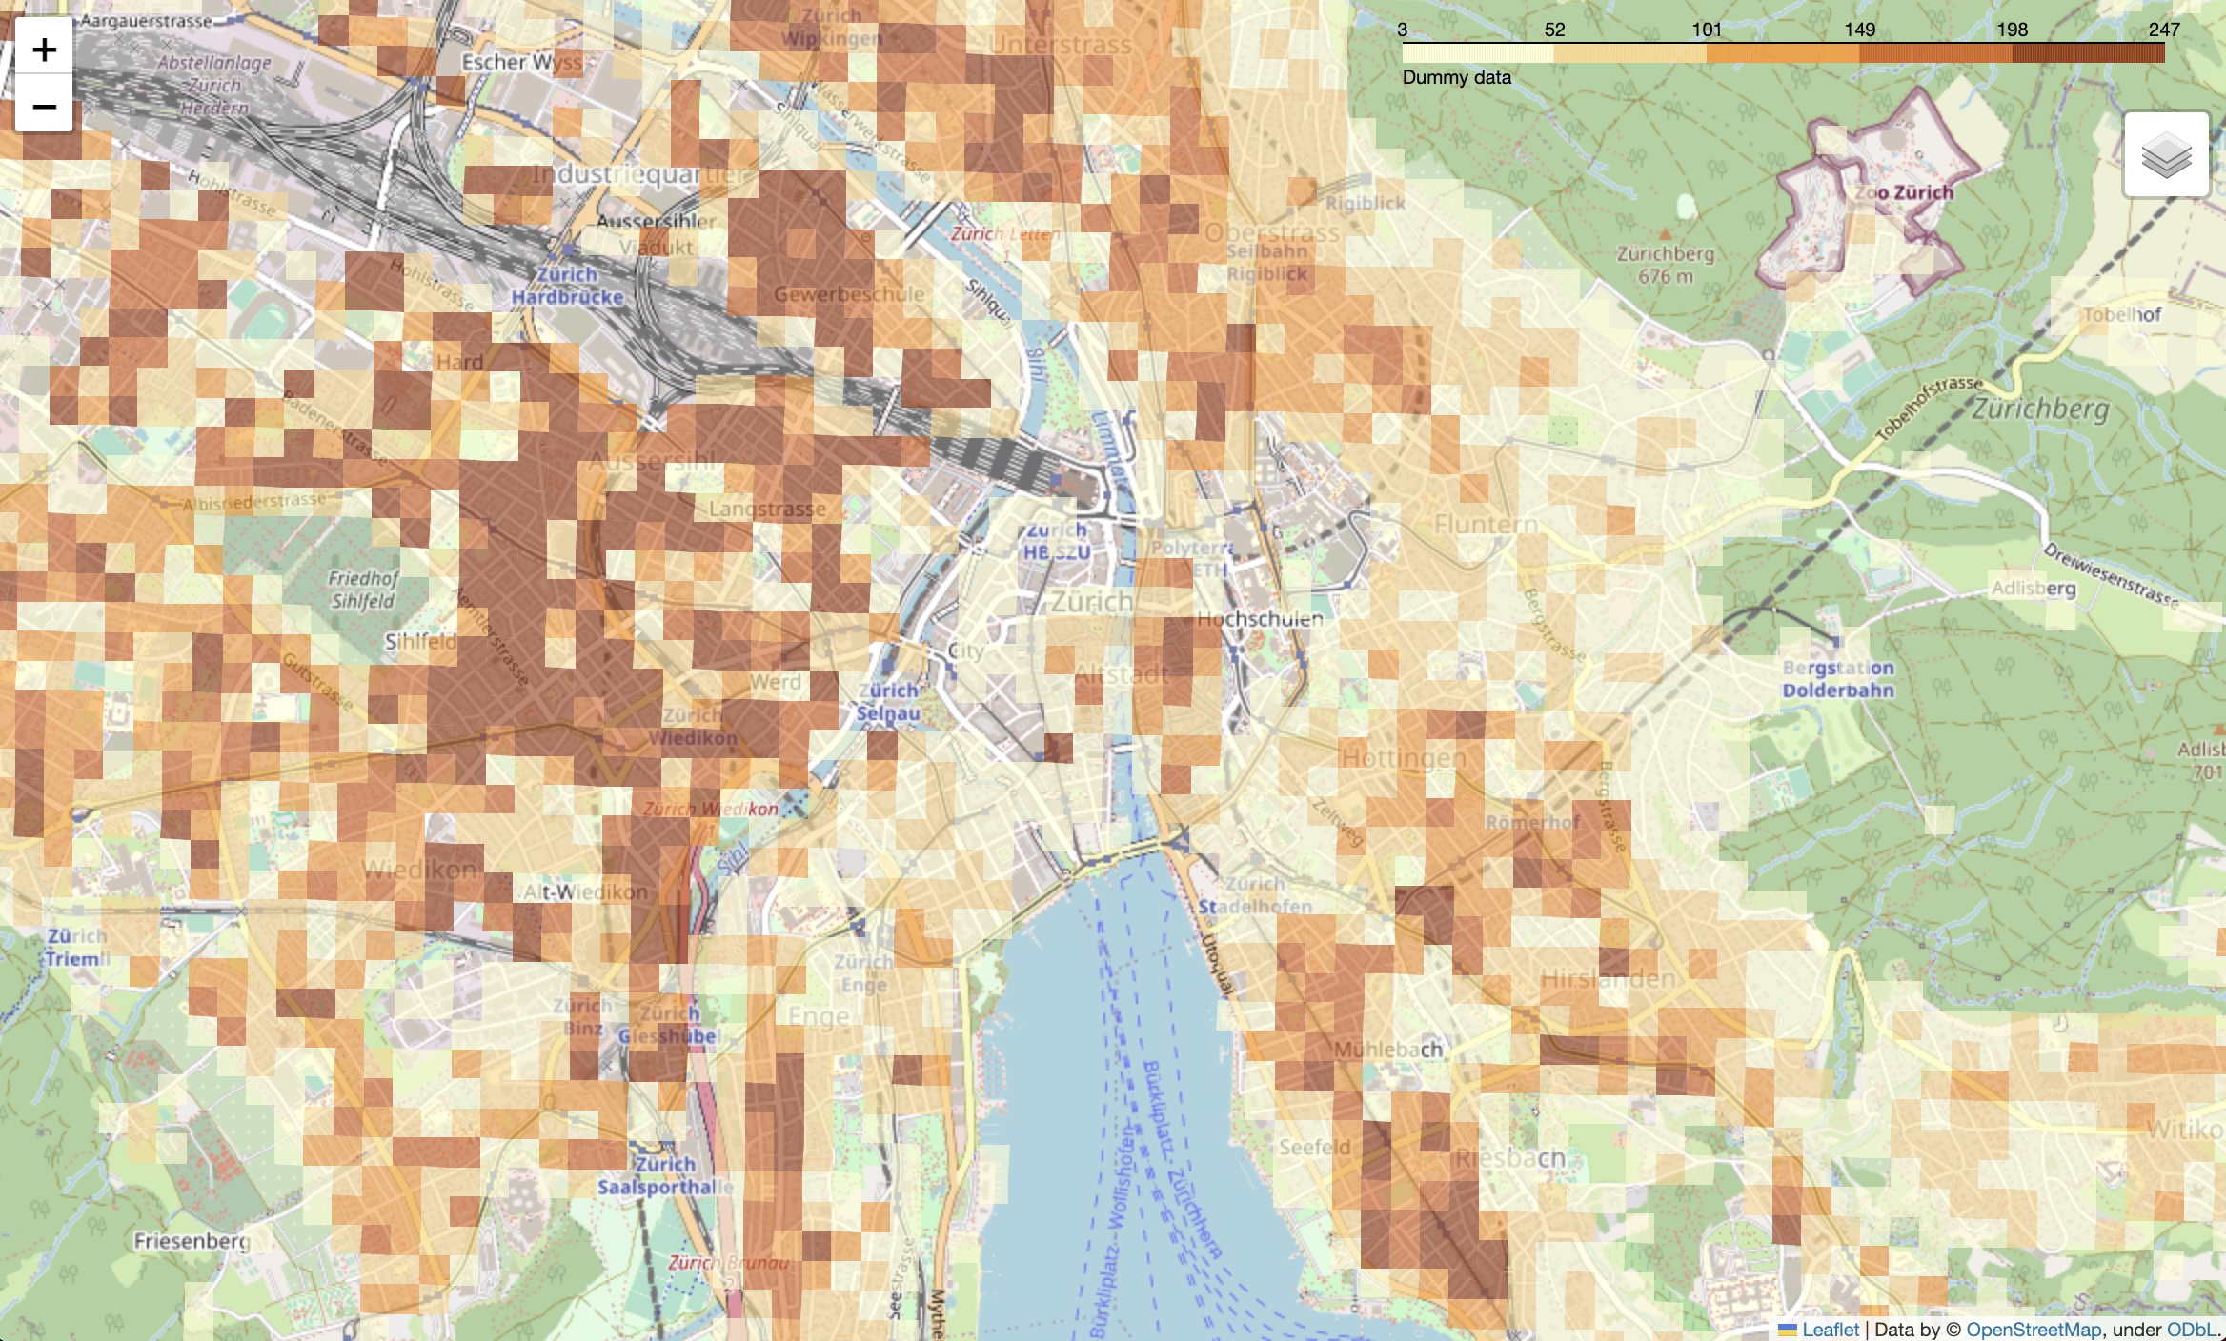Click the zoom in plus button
click(44, 50)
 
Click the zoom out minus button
click(44, 105)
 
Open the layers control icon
click(2165, 155)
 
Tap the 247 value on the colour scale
click(2163, 30)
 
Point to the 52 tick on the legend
click(1554, 30)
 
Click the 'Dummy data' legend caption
click(1456, 78)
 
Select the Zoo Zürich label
click(1904, 192)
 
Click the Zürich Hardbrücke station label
click(567, 286)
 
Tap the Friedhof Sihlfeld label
click(363, 590)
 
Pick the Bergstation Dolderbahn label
click(1837, 679)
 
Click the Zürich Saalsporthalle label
click(665, 1175)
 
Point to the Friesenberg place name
click(192, 1240)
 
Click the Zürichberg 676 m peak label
click(1665, 265)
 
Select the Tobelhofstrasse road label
click(1930, 407)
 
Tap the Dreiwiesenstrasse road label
click(2111, 574)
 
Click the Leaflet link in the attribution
click(1829, 1330)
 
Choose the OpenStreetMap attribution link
click(2033, 1330)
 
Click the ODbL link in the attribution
click(2191, 1330)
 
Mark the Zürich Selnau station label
click(888, 702)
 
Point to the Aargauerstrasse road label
click(146, 21)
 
